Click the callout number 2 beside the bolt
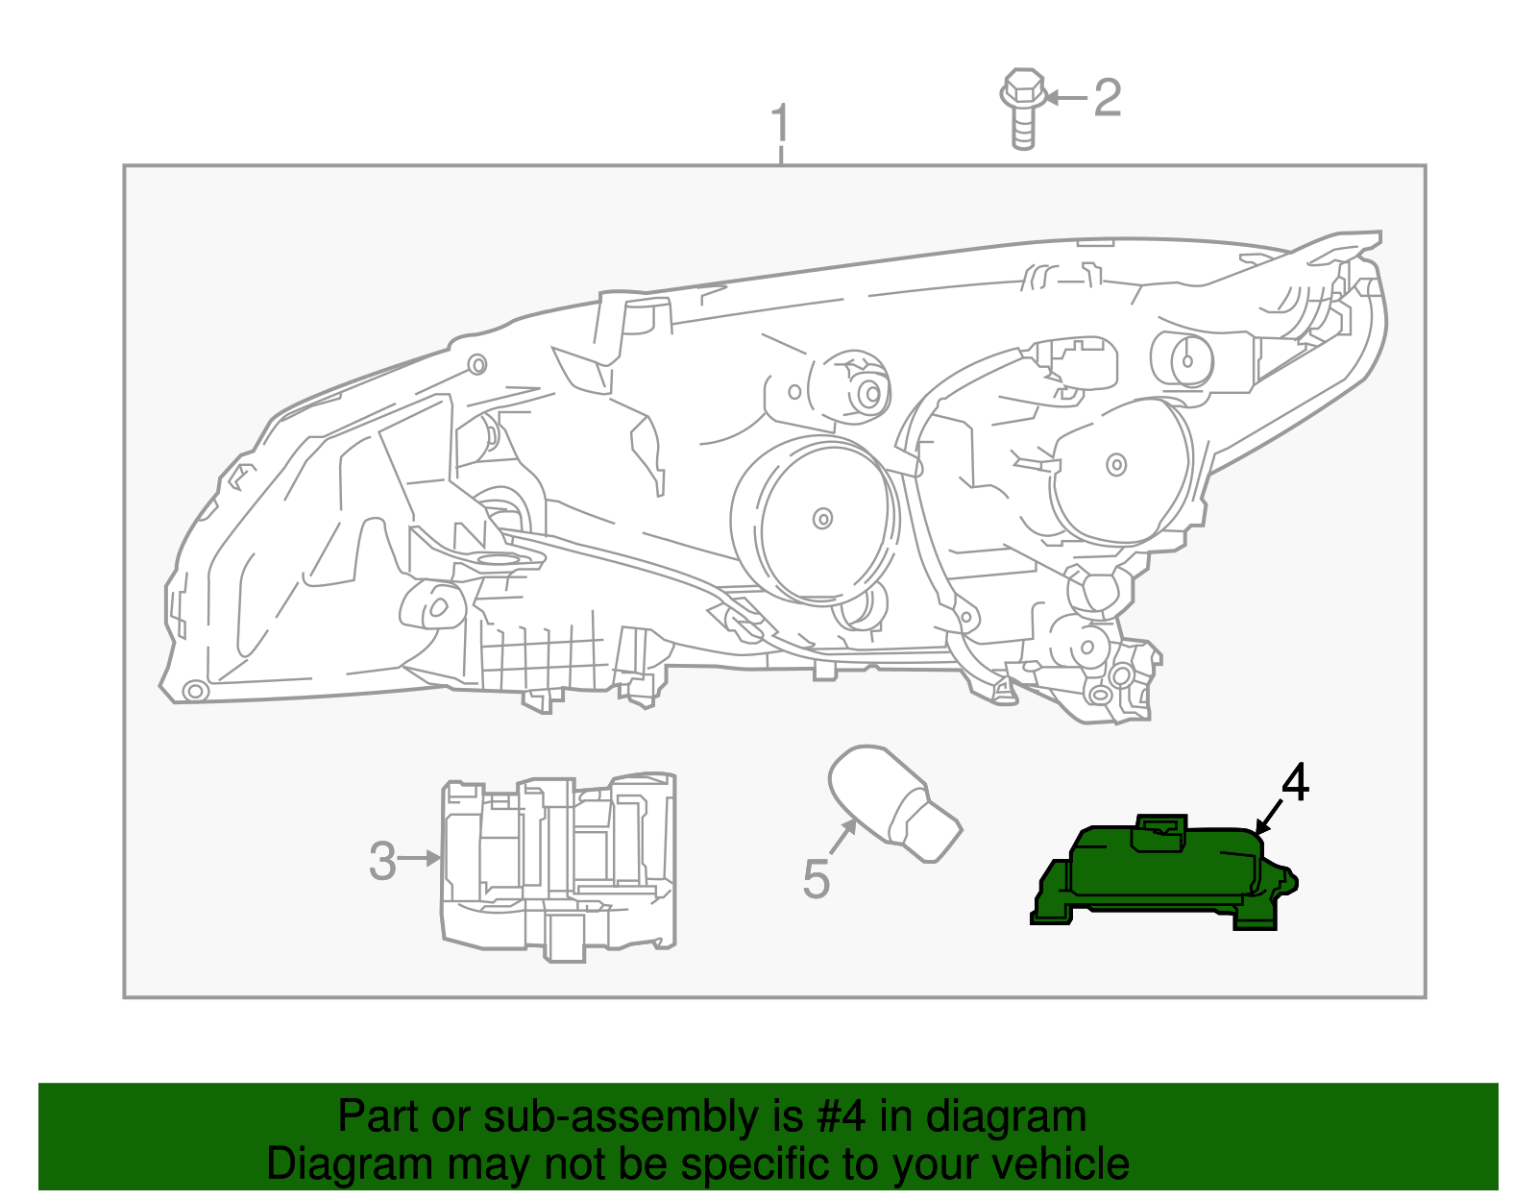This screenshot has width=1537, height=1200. point(1108,98)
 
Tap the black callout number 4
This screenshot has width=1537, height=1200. point(1294,783)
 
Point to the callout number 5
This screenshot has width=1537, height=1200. point(816,879)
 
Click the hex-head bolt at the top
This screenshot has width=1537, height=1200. point(1023,108)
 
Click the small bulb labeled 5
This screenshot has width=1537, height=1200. point(893,802)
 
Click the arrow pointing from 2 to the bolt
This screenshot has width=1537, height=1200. point(1066,98)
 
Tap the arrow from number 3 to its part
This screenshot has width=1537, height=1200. point(420,858)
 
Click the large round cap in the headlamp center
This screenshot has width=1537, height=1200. point(817,519)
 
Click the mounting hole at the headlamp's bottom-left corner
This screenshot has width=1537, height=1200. point(195,690)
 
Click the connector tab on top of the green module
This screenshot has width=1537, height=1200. point(1160,832)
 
